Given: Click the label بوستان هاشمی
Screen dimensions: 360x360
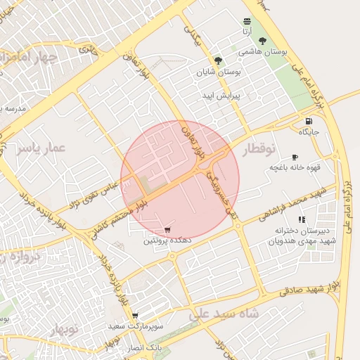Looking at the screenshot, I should pyautogui.click(x=259, y=53).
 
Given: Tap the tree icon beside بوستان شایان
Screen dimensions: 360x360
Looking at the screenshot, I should pyautogui.click(x=219, y=60).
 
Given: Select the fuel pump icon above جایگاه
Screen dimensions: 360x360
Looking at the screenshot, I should pyautogui.click(x=309, y=121).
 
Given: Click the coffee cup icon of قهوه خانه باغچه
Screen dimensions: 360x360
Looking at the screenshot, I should pyautogui.click(x=295, y=157).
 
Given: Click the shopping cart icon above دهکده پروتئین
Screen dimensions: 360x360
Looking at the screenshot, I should pyautogui.click(x=167, y=229).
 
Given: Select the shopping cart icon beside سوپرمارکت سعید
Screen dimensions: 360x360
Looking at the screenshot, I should pyautogui.click(x=135, y=316).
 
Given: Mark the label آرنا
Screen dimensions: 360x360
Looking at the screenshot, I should pyautogui.click(x=247, y=32).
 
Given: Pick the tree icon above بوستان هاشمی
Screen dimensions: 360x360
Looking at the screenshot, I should pyautogui.click(x=263, y=41).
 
